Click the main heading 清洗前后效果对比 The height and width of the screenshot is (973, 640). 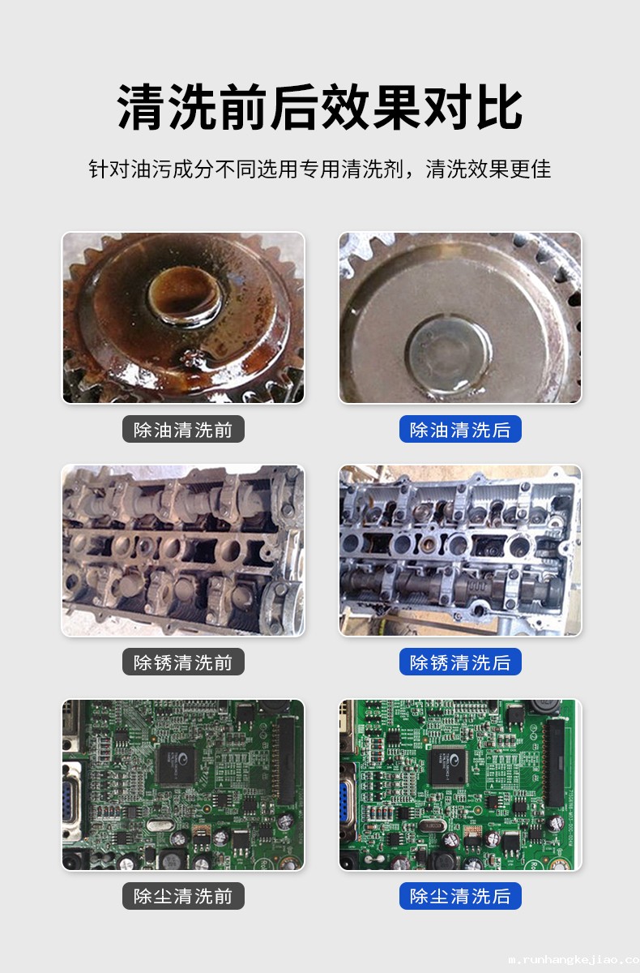(x=319, y=107)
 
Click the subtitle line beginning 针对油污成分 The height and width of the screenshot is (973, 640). (x=320, y=169)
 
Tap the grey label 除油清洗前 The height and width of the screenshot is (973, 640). (x=183, y=429)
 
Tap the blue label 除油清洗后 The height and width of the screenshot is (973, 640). (x=460, y=429)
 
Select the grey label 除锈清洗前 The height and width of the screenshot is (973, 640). (x=183, y=662)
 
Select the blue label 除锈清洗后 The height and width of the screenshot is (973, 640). (x=460, y=662)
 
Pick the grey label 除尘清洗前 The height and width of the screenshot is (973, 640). (x=183, y=896)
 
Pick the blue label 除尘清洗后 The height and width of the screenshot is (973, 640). (x=460, y=896)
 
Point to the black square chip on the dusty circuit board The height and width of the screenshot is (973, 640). (x=176, y=764)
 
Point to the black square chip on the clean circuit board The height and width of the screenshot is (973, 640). (x=449, y=765)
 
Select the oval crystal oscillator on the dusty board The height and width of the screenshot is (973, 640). (x=160, y=825)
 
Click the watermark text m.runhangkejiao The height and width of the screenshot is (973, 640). (x=574, y=958)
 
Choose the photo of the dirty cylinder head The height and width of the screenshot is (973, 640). (x=183, y=551)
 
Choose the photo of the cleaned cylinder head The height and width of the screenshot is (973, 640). (x=460, y=551)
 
